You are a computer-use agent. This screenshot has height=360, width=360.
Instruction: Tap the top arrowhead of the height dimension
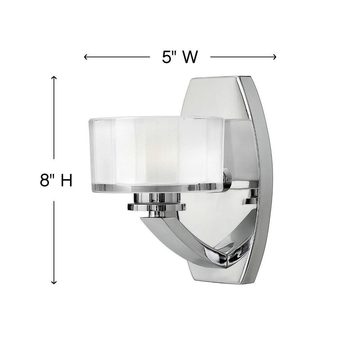tap(54, 78)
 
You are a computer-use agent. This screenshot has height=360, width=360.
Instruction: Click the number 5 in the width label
tap(166, 57)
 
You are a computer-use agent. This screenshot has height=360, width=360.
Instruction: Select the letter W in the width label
tap(190, 57)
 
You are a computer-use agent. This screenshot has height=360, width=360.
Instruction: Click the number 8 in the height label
tap(44, 180)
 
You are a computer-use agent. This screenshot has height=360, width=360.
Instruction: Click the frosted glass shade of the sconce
tap(156, 152)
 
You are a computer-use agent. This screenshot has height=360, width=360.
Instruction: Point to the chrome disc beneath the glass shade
tap(157, 207)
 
